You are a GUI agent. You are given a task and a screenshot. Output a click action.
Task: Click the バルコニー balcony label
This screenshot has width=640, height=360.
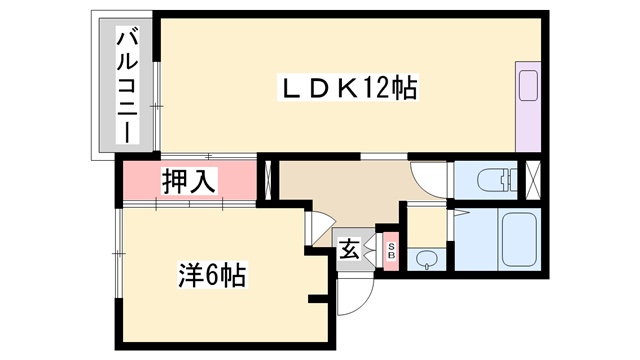coord(128,84)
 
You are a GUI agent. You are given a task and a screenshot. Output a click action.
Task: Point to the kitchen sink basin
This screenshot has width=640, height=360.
coord(528,85)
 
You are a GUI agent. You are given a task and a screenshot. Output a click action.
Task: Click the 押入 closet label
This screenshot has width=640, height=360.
coord(188,181)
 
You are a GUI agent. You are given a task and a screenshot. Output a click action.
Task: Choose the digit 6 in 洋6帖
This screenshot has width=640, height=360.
coord(212,275)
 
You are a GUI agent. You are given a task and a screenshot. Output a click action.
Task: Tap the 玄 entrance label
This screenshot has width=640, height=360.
coord(349,249)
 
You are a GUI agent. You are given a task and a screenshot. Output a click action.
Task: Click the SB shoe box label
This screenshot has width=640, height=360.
coord(391,251)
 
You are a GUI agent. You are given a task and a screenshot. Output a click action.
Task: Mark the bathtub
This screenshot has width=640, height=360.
coord(518,239)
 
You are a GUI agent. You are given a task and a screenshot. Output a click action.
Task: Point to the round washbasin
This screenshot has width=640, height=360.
coord(427,259)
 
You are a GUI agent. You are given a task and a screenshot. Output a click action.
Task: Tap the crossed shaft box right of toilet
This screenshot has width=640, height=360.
coord(533,181)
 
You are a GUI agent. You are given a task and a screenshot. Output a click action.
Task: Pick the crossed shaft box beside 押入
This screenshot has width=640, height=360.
coord(269,181)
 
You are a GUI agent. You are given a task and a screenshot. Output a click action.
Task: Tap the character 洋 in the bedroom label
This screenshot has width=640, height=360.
coord(190,275)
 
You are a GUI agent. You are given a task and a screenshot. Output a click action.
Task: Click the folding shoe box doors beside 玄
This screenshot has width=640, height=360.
coord(372,251)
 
